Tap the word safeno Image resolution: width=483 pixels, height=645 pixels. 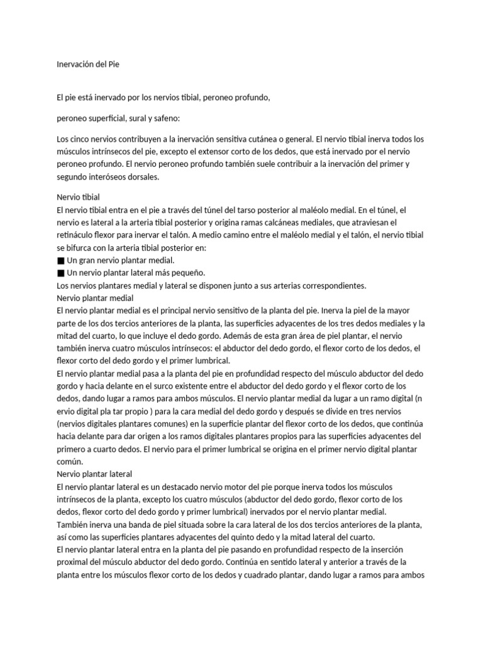[164, 118]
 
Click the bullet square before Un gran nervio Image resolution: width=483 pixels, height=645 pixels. [60, 261]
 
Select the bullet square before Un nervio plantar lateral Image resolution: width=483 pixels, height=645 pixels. [60, 273]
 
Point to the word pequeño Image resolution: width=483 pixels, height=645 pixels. [187, 273]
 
